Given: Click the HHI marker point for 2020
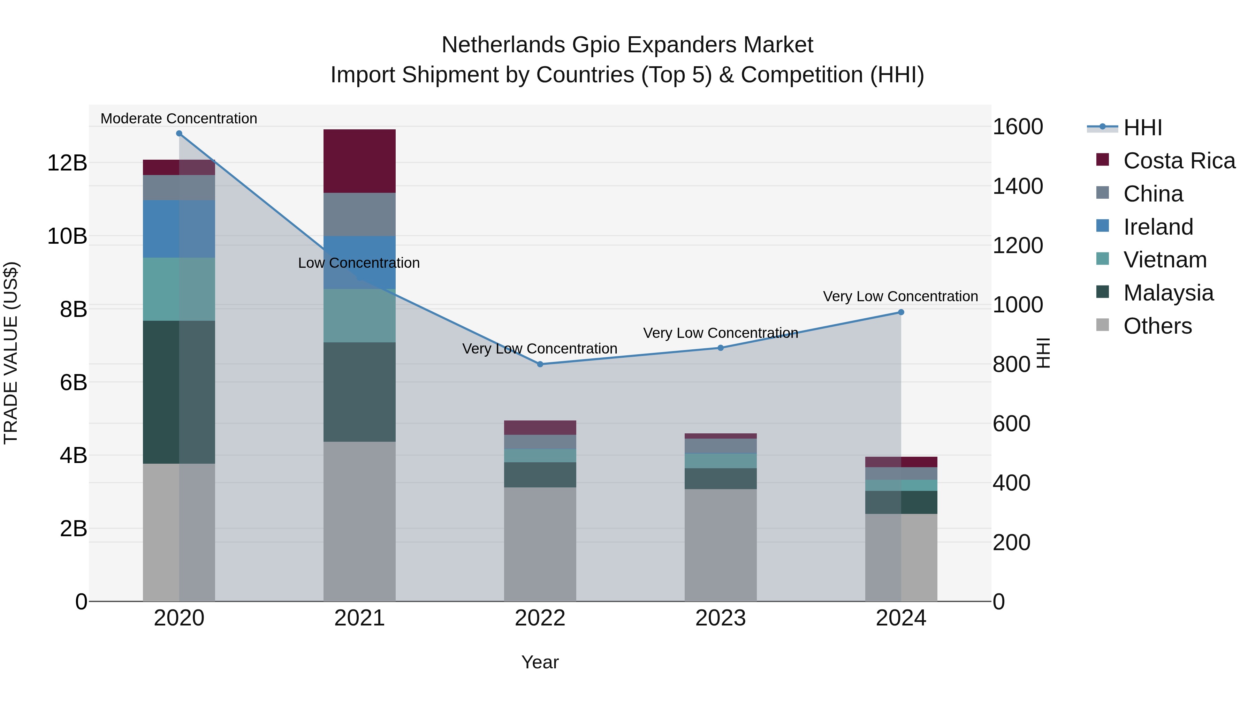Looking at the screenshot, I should click(179, 134).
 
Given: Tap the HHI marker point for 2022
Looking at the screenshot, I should click(540, 364).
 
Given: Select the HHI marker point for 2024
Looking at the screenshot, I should click(901, 312).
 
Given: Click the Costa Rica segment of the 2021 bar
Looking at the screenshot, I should click(359, 161).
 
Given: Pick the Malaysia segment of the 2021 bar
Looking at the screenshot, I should click(359, 392).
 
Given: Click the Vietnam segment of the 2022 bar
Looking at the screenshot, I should click(540, 456).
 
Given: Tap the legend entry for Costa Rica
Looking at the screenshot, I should click(1179, 161).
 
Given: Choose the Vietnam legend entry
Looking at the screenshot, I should click(1165, 260).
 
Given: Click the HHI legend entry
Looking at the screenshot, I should click(1142, 128).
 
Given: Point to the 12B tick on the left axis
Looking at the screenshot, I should click(67, 163).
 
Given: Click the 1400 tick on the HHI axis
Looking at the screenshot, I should click(1018, 186).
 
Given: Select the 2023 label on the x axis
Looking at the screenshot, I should click(720, 618).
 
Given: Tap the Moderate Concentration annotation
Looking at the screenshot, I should click(179, 119).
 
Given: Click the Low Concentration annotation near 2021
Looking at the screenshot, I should click(359, 263).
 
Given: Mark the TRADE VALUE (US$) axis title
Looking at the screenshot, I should click(11, 353).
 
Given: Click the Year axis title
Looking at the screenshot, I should click(540, 662).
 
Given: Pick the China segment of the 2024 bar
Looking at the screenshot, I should click(901, 473).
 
